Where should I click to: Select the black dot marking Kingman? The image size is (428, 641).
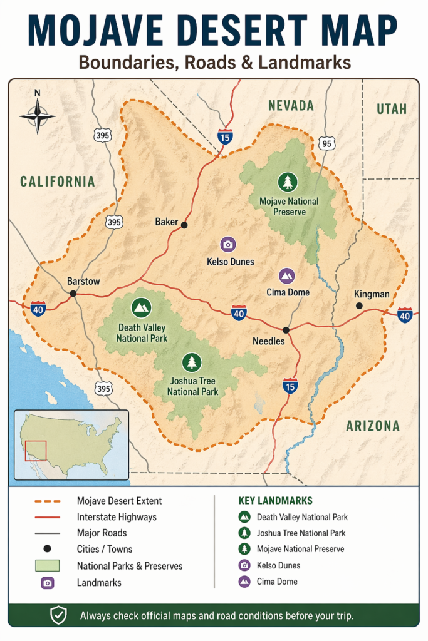pyautogui.click(x=359, y=305)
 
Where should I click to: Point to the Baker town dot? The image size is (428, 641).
pyautogui.click(x=184, y=224)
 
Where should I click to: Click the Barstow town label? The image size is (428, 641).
pyautogui.click(x=83, y=282)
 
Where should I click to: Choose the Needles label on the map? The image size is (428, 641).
pyautogui.click(x=269, y=341)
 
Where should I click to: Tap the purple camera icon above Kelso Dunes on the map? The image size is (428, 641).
pyautogui.click(x=228, y=245)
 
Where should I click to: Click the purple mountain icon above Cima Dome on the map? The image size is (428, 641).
pyautogui.click(x=287, y=275)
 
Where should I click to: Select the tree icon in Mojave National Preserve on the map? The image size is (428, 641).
pyautogui.click(x=288, y=182)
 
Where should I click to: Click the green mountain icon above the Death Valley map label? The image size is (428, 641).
pyautogui.click(x=142, y=307)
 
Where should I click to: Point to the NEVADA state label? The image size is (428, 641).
pyautogui.click(x=291, y=106)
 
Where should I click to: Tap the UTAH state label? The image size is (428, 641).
pyautogui.click(x=392, y=109)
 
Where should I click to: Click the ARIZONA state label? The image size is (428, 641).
pyautogui.click(x=373, y=426)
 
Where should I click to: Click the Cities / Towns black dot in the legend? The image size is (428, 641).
pyautogui.click(x=47, y=549)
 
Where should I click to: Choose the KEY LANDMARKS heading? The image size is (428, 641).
pyautogui.click(x=275, y=501)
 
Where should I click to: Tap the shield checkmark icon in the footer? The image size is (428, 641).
pyautogui.click(x=58, y=616)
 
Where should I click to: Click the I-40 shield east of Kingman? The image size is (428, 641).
pyautogui.click(x=405, y=315)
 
